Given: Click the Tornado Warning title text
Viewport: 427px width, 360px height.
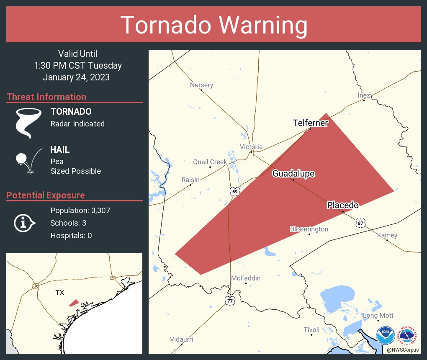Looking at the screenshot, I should coord(213,25).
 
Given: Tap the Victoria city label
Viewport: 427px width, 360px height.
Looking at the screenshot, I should coord(251,147).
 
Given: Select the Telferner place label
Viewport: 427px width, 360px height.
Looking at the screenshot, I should coord(310,123).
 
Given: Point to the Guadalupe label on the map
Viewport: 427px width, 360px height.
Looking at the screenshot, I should coord(293,174).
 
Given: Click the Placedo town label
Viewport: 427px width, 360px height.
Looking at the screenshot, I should coord(343,205).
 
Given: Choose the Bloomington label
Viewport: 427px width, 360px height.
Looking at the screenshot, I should coord(309,229).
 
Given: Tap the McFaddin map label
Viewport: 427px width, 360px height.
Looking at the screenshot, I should coord(246,278).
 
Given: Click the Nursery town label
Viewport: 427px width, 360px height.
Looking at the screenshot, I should coord(201,85).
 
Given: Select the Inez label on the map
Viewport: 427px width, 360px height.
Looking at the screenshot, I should coord(364,95).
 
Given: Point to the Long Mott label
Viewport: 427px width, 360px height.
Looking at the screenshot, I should coord(378,315).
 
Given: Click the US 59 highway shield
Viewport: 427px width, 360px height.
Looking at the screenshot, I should coord(235,192).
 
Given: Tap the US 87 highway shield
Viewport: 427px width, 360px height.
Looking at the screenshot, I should coord(360,223).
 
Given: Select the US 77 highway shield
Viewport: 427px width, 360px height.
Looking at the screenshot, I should coord(230,300).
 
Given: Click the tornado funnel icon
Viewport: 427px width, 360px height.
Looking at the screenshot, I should coord(28,123).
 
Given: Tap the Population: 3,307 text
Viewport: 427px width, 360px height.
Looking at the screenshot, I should coord(80,210).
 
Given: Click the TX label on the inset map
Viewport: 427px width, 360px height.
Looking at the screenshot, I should coord(60,293).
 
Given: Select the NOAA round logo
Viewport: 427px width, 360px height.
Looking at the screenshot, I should coord(385,336).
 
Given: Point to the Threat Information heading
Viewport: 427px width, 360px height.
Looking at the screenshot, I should coord(46,97).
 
